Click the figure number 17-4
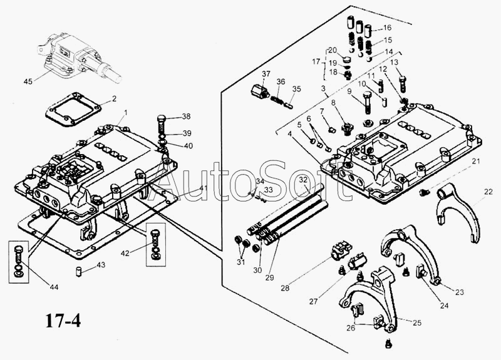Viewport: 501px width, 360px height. click(x=63, y=320)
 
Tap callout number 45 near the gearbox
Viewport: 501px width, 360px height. click(x=28, y=81)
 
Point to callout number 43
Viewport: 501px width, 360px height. click(x=101, y=265)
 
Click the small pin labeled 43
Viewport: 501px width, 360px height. click(x=79, y=272)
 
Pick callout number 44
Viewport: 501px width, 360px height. click(x=54, y=287)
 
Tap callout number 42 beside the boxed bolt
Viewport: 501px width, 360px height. click(x=126, y=254)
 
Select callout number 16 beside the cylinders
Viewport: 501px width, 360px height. click(x=387, y=28)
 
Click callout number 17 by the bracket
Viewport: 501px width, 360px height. click(x=316, y=61)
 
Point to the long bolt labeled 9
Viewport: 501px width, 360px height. click(x=367, y=102)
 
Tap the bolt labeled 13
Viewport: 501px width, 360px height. click(x=403, y=84)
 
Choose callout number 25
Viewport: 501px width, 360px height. click(x=417, y=323)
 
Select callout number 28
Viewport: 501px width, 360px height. click(x=285, y=288)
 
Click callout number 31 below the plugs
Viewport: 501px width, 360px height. click(x=240, y=262)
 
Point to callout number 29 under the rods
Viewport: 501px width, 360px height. click(x=269, y=277)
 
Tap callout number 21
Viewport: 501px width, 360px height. click(x=476, y=162)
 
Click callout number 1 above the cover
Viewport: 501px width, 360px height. click(x=126, y=113)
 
